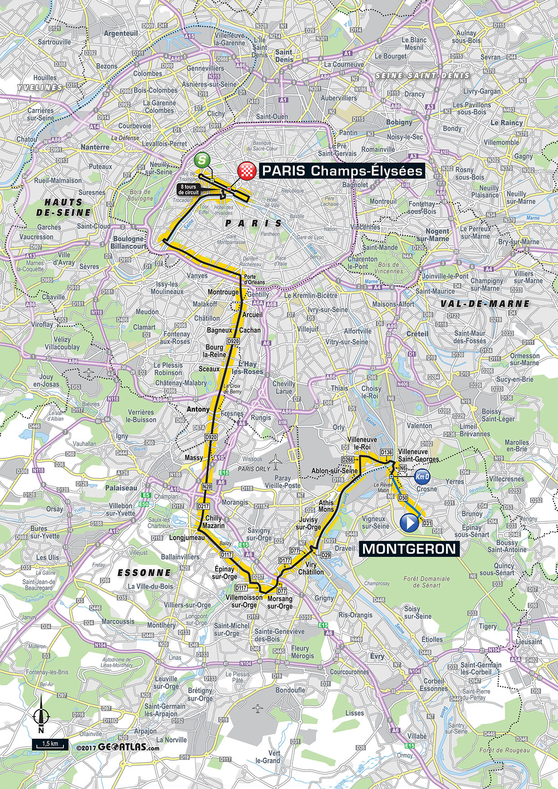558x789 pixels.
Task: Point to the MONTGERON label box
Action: [409, 549]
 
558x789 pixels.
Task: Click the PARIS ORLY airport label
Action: [254, 469]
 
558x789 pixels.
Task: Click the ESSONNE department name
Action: [144, 573]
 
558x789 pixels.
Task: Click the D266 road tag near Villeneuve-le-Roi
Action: [347, 460]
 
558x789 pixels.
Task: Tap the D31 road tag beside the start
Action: [427, 523]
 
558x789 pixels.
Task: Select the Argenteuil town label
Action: [121, 33]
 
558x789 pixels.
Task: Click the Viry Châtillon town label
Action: [311, 568]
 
